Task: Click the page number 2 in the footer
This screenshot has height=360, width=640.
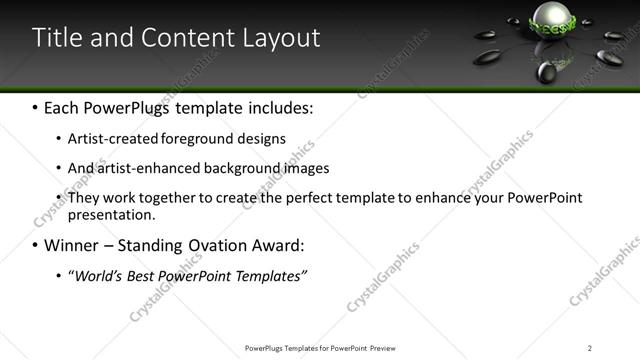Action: [589, 348]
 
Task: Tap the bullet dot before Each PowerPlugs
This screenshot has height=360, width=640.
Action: [36, 106]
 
